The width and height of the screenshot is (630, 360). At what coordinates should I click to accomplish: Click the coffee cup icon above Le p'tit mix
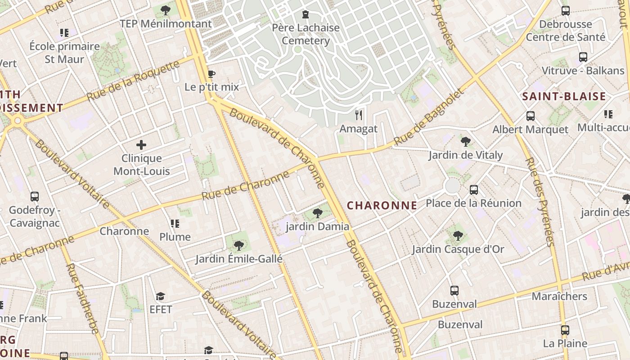pos(211,74)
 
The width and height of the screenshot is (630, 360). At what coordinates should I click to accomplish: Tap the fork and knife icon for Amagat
pos(359,115)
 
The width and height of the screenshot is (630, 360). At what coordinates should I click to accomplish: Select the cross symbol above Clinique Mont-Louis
pos(141,145)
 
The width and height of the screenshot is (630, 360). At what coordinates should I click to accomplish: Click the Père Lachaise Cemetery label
pos(306,34)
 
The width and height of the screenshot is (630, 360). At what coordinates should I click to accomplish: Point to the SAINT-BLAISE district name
pos(564,96)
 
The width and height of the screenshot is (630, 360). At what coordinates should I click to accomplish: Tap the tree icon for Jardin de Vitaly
pos(465,142)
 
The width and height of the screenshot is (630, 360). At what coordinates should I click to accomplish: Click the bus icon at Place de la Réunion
pos(474,190)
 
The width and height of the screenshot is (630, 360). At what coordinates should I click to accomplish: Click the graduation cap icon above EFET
pos(161,297)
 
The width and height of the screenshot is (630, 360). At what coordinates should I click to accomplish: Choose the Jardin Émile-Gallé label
pos(238,259)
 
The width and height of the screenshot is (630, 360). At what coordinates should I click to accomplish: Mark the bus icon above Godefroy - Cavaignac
pos(35,197)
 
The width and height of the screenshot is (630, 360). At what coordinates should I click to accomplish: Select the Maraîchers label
pos(559,297)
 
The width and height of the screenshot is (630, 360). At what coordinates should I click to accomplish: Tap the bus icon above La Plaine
pos(565,330)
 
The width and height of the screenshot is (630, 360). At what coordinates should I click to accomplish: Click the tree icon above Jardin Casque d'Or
pos(458,236)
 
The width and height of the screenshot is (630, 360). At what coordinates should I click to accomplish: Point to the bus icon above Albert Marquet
pos(531,116)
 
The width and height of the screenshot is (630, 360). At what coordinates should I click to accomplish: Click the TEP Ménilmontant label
pos(166,24)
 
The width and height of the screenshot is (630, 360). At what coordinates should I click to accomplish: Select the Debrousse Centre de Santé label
pos(566,31)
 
